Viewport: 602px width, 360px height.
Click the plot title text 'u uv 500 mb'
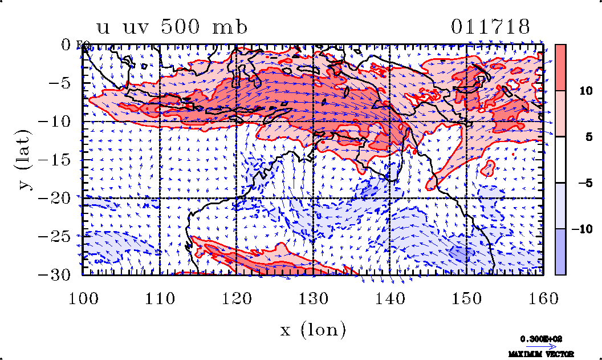tap(172, 27)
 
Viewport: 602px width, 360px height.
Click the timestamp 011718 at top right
tap(491, 27)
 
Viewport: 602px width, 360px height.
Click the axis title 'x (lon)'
tap(313, 329)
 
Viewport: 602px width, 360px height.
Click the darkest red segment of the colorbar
tap(560, 67)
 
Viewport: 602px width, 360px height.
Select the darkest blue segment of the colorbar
tap(560, 252)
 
